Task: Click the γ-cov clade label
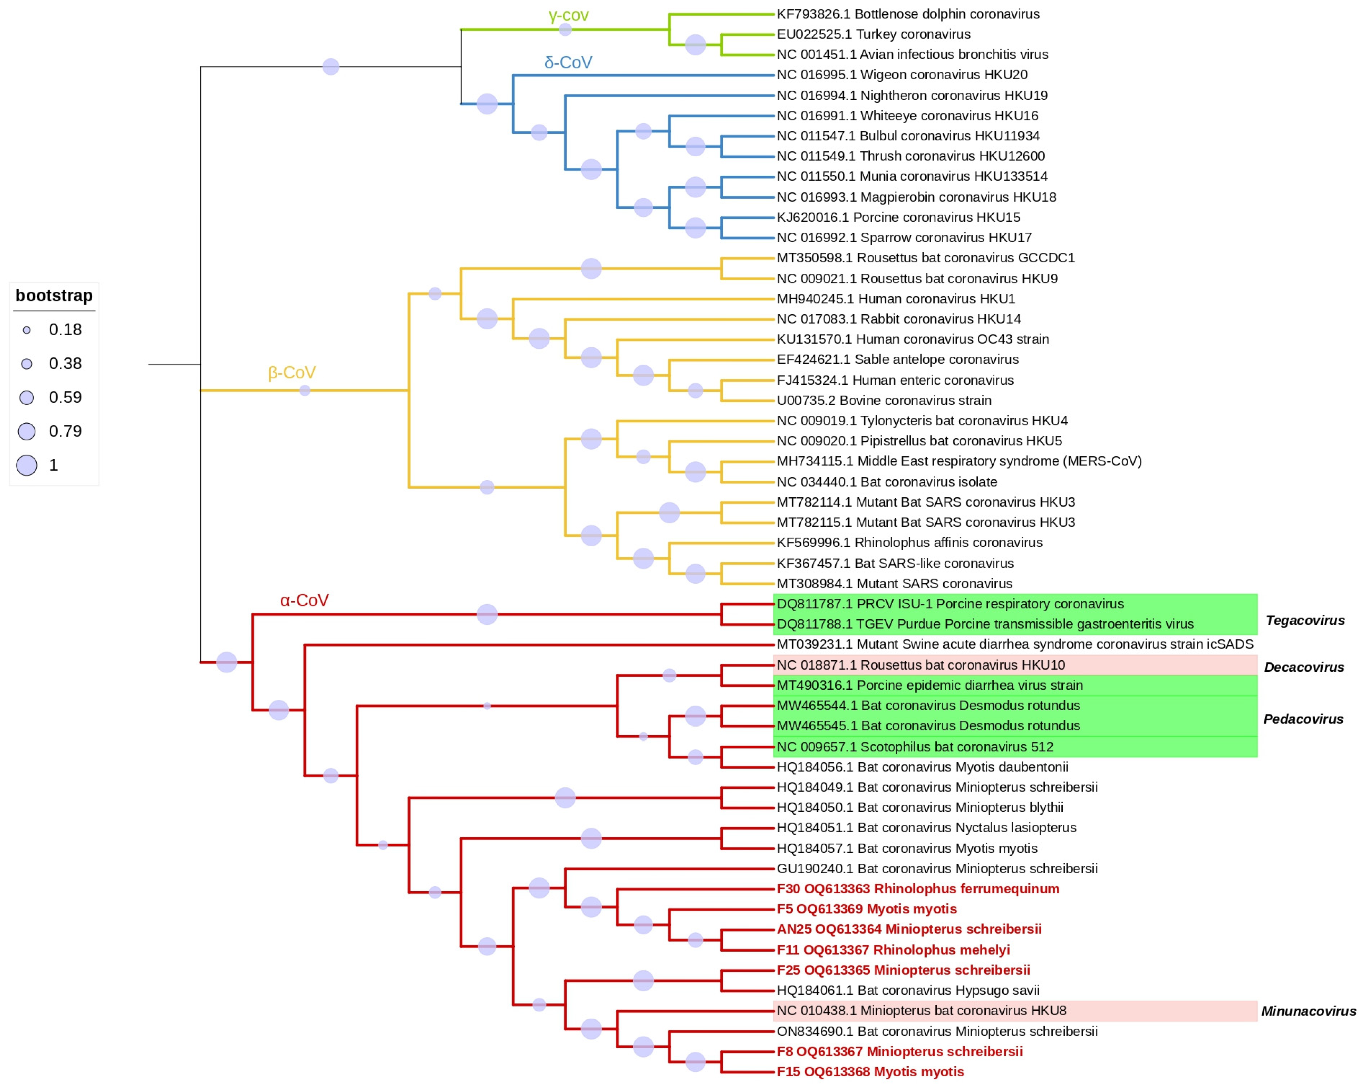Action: pos(568,15)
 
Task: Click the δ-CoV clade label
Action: pos(568,62)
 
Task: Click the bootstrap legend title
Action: pos(54,295)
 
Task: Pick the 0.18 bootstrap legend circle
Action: pos(27,330)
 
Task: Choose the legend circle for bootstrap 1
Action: pos(27,465)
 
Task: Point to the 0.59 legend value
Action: pos(65,397)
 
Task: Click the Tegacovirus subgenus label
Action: pos(1305,620)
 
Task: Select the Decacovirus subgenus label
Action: pos(1304,667)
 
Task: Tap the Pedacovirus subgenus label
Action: pos(1303,719)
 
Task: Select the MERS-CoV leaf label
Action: pos(959,461)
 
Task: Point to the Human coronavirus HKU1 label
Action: pos(895,298)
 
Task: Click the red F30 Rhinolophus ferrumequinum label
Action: pos(917,889)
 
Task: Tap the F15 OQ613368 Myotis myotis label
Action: pos(870,1072)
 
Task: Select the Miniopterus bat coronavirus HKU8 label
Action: pos(921,1010)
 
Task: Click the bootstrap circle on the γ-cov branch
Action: pos(565,29)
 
